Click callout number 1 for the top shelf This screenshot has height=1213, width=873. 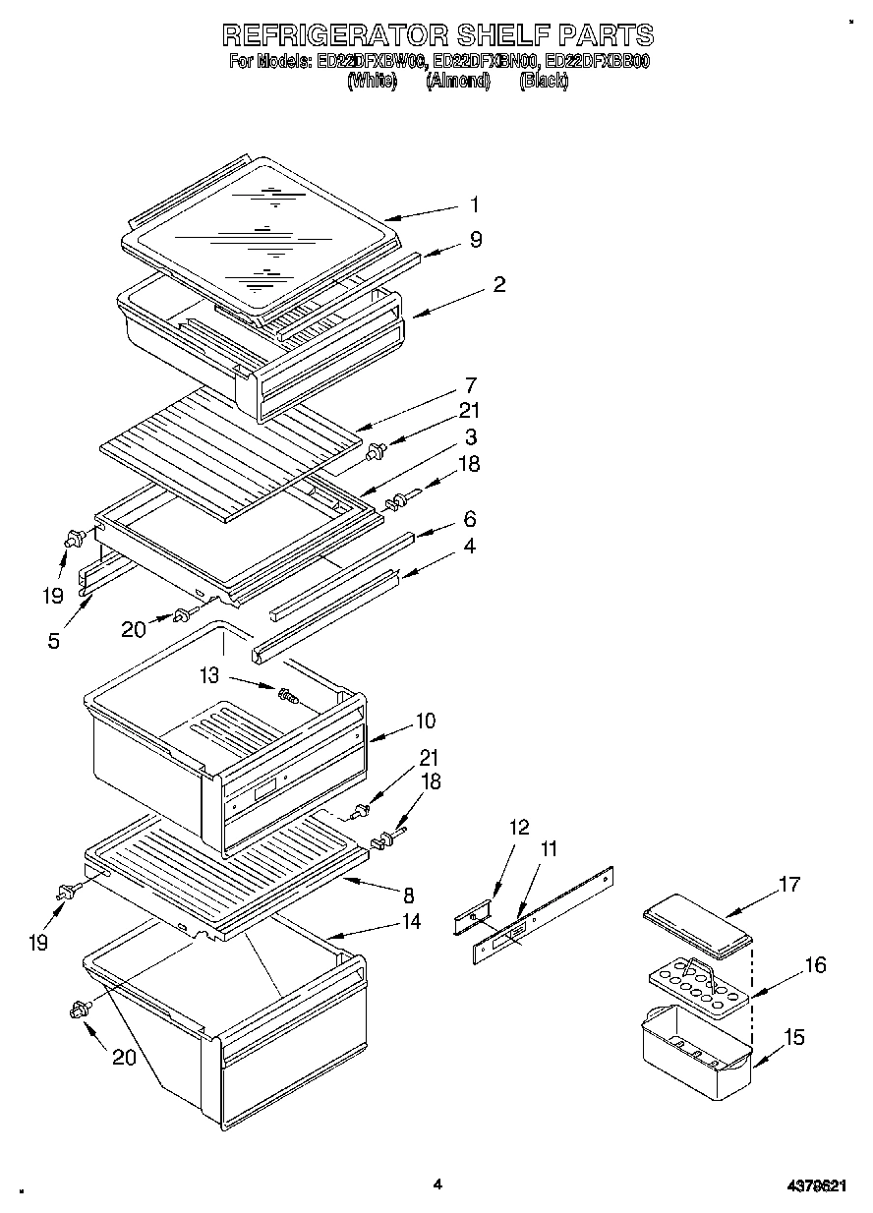tap(474, 204)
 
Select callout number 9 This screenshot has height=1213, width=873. tap(476, 240)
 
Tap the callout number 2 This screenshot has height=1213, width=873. tap(499, 285)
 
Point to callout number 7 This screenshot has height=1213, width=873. tap(471, 385)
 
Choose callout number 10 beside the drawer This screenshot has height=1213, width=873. tap(424, 721)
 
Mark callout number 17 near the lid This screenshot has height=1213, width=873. tap(787, 885)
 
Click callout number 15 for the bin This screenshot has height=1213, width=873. tap(794, 1036)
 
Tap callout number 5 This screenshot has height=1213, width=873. tap(53, 641)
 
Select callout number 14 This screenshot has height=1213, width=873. tap(411, 921)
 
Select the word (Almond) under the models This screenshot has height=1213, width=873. tap(457, 82)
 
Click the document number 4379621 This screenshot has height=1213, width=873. tap(815, 1185)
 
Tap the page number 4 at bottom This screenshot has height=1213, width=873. tap(437, 1184)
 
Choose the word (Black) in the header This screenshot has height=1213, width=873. tap(543, 82)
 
